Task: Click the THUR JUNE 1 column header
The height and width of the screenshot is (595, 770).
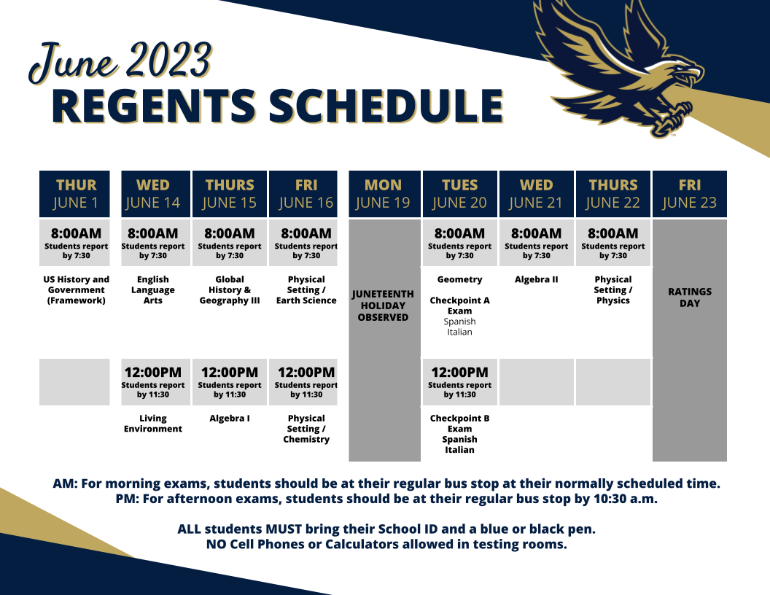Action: pos(75,193)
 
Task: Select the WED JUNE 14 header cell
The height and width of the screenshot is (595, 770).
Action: pos(152,193)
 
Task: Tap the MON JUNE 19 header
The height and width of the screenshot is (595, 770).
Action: pos(383,193)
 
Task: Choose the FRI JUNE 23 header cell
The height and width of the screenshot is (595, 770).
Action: pos(689,193)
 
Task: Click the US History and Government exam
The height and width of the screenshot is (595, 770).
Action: pos(76,289)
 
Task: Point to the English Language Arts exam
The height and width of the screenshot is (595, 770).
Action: pos(152,289)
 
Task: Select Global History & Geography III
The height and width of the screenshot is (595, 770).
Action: pos(230,289)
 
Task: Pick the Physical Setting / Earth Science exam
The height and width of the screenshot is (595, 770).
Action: pos(306,289)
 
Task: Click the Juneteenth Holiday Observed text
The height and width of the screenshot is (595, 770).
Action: pos(383,306)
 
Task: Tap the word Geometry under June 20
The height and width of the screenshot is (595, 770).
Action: pos(459,279)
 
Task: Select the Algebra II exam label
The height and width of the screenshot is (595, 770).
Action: pos(536,279)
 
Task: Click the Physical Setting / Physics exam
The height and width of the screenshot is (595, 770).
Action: pos(612,289)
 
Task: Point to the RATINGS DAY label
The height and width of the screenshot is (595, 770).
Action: pos(689,297)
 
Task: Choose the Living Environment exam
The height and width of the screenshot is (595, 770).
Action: pos(152,424)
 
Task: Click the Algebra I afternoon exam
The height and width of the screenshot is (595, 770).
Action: pos(230,419)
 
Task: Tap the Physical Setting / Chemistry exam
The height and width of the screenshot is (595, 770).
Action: pos(306,429)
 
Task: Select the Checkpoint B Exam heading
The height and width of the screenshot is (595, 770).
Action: pos(459,424)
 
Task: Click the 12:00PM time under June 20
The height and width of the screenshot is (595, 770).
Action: pos(459,372)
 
